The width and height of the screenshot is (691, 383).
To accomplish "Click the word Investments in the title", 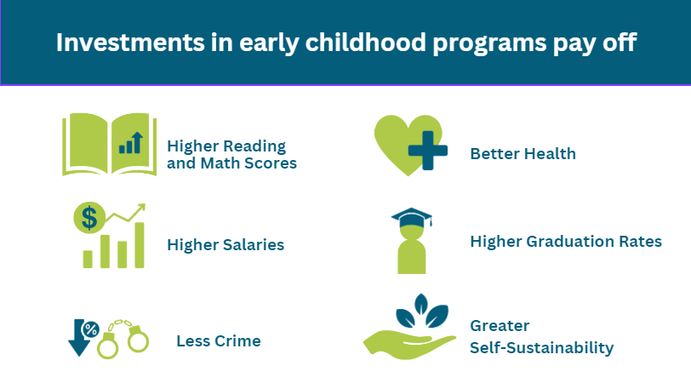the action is click(x=130, y=43).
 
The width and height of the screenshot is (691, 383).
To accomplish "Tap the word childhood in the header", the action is click(x=365, y=43).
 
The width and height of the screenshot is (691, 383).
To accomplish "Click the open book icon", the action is click(x=109, y=144).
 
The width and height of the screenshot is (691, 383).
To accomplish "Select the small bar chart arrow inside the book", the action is click(x=131, y=143).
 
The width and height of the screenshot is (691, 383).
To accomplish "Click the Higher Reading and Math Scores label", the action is click(x=231, y=154).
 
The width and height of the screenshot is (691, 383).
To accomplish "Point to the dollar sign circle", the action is click(x=89, y=218).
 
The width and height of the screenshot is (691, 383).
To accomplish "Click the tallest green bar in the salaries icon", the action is click(x=140, y=245).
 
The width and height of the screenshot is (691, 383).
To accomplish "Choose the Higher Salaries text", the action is click(x=226, y=244).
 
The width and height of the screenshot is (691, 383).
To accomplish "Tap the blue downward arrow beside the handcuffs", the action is click(x=79, y=338).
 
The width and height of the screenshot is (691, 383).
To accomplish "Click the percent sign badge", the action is click(x=91, y=329).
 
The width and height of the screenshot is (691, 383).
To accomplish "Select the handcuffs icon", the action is click(x=123, y=339).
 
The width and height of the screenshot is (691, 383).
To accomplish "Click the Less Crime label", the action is click(x=219, y=340).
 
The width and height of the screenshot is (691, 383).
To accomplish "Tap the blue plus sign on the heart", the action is click(x=428, y=151).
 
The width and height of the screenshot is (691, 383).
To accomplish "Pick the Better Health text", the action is click(x=523, y=153).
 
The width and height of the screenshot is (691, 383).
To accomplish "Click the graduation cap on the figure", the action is click(x=412, y=217).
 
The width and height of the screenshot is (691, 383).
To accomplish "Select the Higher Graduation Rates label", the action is click(x=566, y=241).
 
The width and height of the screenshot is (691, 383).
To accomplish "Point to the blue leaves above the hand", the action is click(x=422, y=312).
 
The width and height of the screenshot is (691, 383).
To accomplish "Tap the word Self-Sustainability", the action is click(x=541, y=348).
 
